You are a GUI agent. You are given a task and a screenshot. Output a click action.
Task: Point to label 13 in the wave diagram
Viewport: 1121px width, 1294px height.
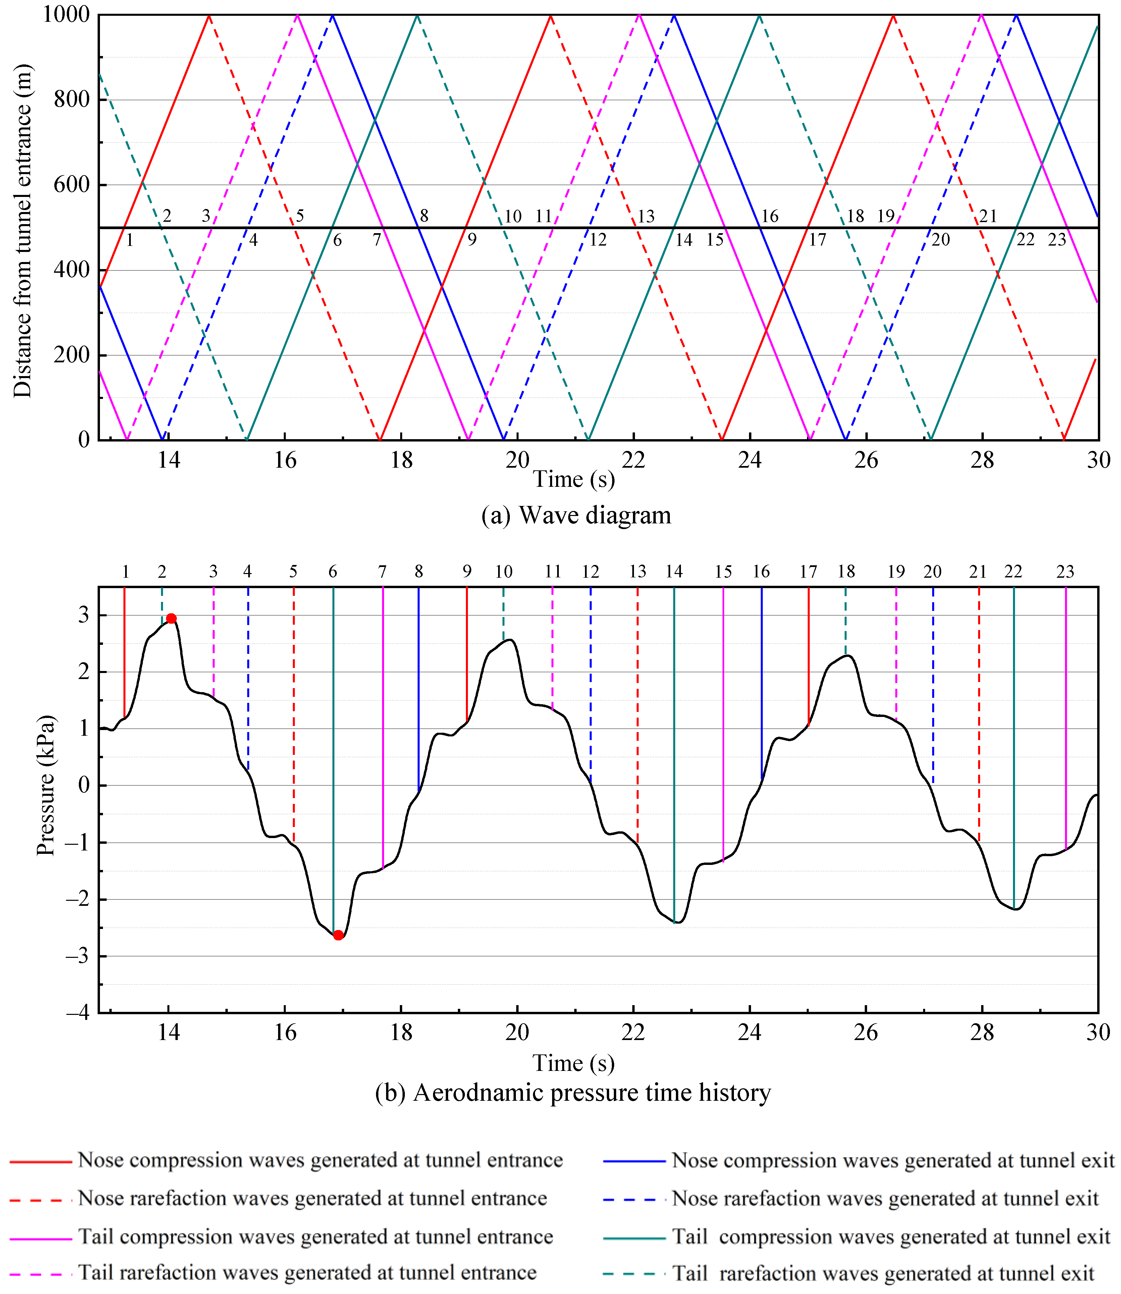[x=646, y=216]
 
